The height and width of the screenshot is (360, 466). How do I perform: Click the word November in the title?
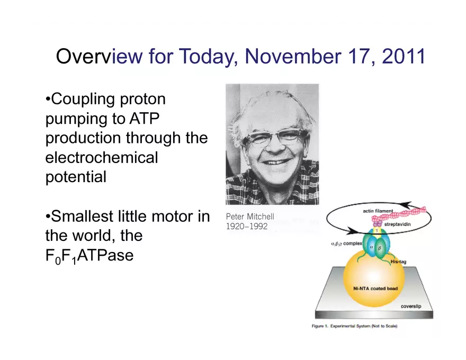292,56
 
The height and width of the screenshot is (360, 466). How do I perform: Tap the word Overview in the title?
99,56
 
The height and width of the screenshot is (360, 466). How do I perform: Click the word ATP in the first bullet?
144,119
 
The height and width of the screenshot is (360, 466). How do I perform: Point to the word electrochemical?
102,157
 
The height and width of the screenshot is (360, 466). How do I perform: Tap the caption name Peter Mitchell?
250,217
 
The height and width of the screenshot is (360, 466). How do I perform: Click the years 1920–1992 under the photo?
247,227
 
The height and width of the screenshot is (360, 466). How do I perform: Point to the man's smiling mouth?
275,162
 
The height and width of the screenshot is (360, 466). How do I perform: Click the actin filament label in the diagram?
378,211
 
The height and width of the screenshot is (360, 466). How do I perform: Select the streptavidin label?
397,224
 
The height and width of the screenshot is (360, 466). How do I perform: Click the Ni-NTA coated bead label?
375,289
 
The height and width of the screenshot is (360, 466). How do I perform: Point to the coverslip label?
411,306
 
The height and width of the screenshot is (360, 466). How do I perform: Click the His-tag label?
398,262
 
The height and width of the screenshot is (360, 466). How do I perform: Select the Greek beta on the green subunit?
380,248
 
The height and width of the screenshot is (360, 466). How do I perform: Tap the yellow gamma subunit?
377,230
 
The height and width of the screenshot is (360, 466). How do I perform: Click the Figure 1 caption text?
354,326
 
